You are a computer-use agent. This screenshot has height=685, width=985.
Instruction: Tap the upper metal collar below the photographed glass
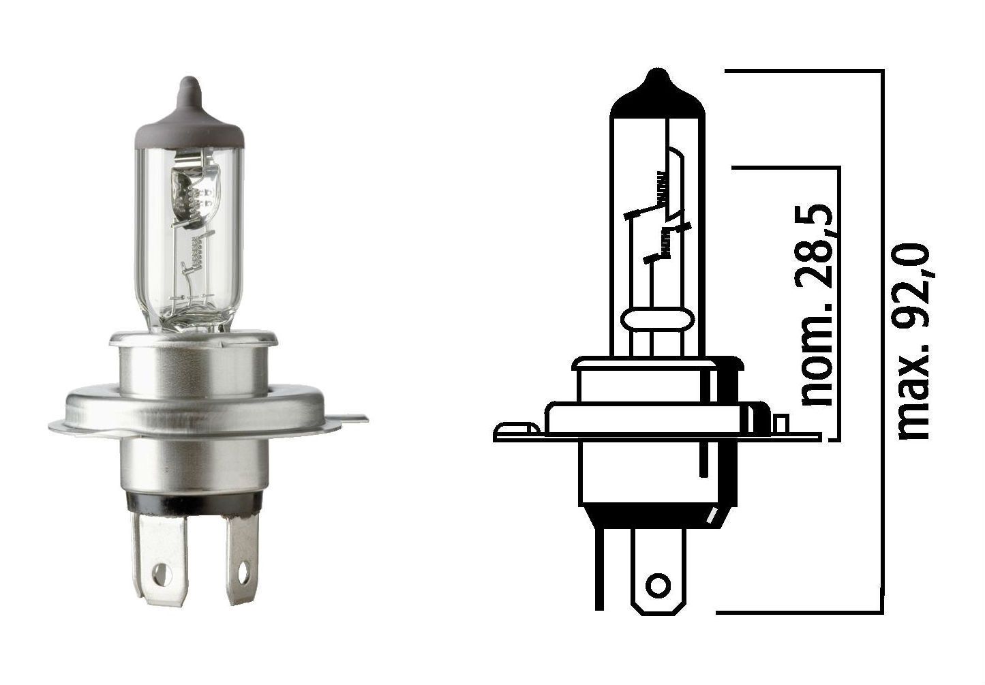[194, 361]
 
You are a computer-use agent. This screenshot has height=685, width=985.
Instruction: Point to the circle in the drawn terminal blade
[658, 585]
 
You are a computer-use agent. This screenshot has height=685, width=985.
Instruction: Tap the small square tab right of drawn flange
[782, 424]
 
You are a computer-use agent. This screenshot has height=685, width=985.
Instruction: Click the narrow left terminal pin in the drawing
[599, 566]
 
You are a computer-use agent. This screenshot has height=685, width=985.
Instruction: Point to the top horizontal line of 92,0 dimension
[804, 70]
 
